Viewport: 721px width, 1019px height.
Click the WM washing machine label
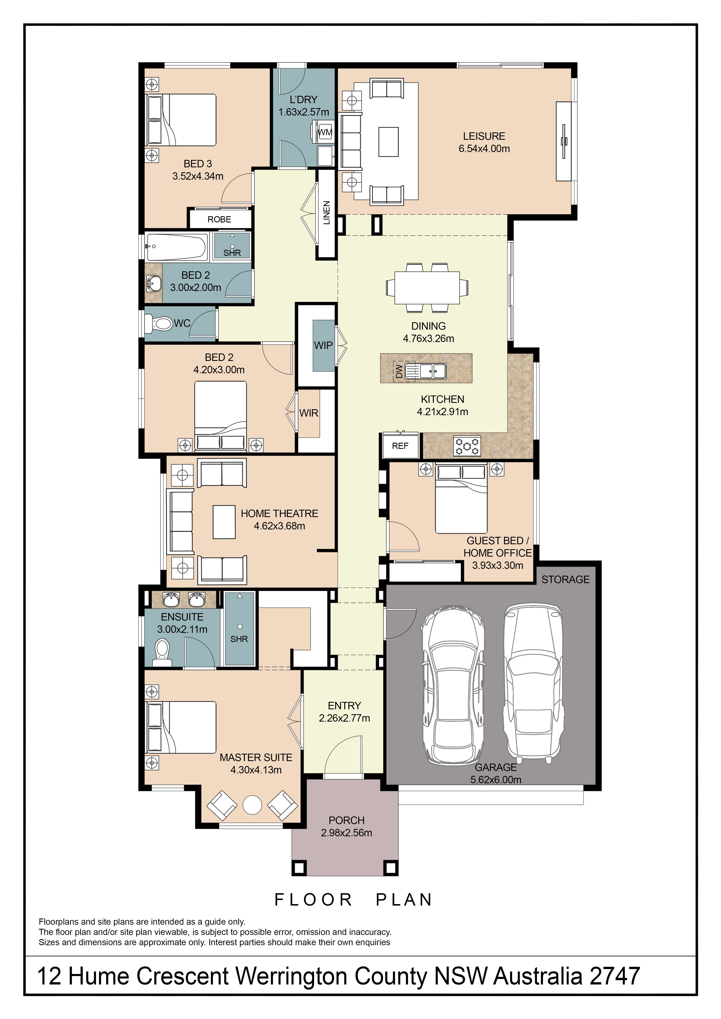pos(325,132)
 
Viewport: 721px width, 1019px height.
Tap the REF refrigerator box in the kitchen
pos(400,446)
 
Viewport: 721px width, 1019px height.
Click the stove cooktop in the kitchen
pos(467,446)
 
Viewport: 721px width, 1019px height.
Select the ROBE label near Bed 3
pos(219,219)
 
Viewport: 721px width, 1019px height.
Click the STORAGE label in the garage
pos(565,580)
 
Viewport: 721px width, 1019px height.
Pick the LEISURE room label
pos(484,136)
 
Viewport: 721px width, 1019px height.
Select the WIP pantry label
pos(323,345)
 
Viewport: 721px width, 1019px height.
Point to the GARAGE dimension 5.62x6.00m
pos(496,780)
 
